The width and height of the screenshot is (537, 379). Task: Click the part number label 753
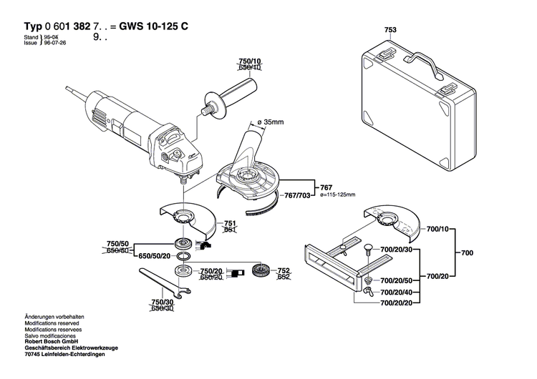(x=390, y=31)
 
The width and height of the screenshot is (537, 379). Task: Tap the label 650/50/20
(x=155, y=255)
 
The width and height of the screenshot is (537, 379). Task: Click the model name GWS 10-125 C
(x=153, y=26)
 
